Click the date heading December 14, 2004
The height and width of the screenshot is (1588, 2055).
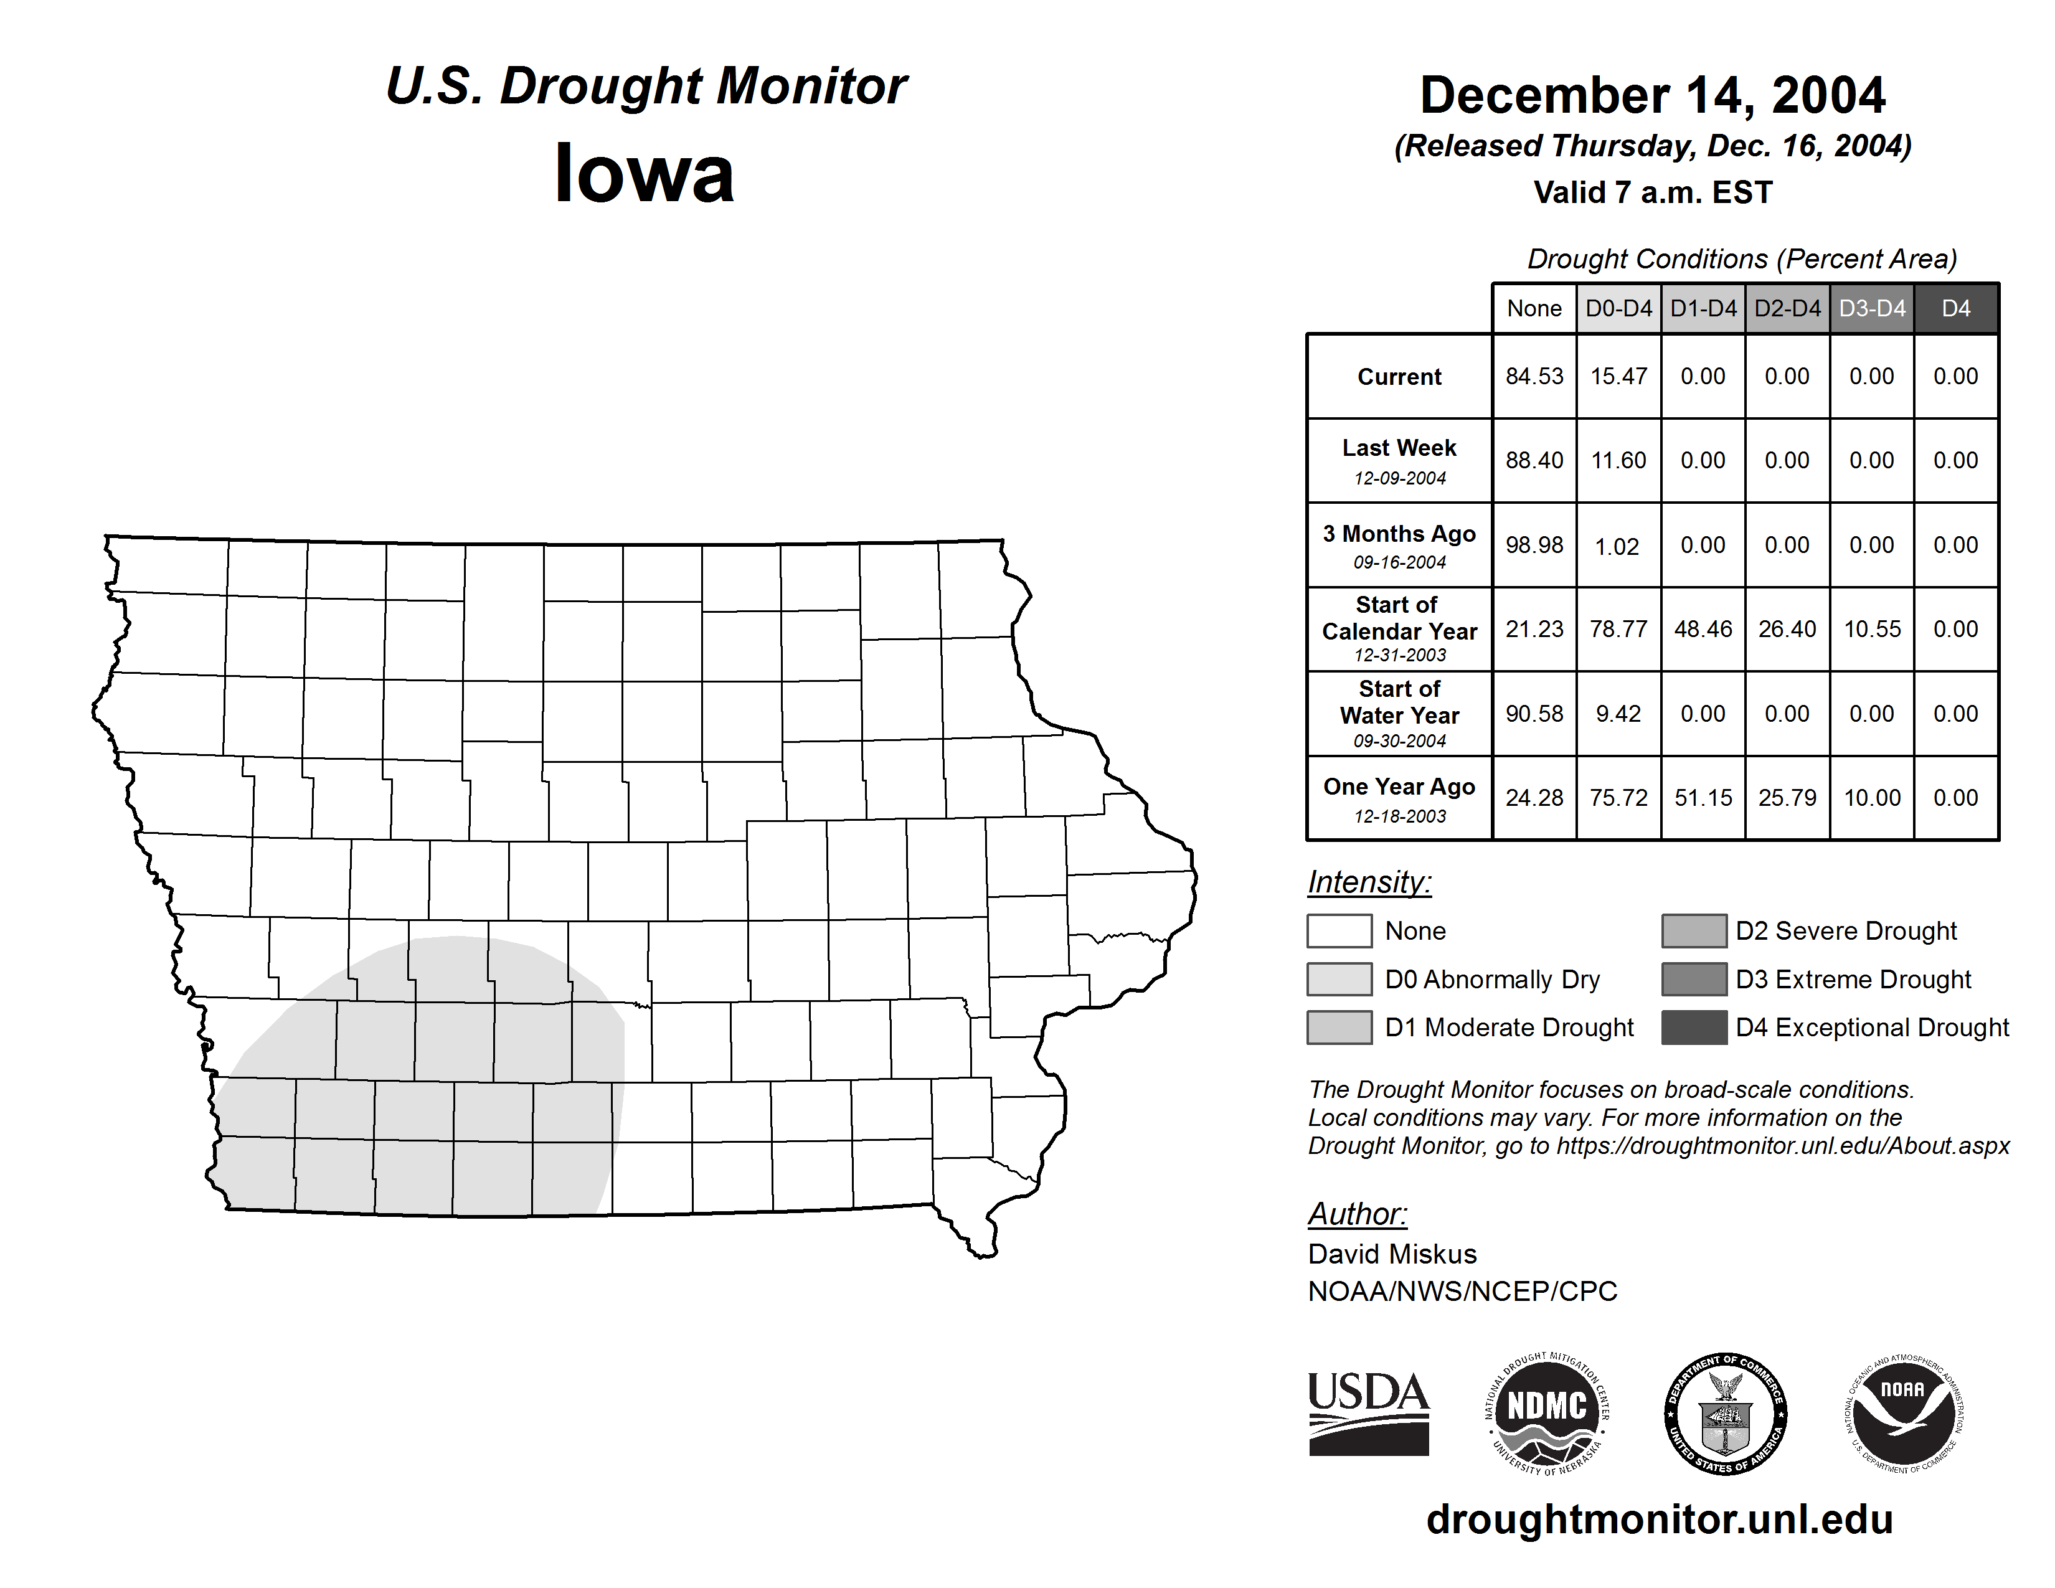1652,96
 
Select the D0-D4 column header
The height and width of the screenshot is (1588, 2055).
1618,308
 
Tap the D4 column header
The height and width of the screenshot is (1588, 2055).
1955,308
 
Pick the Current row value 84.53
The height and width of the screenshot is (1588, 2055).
1534,376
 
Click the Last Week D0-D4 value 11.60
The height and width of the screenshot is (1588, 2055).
1618,460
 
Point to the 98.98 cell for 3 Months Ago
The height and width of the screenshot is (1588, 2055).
1534,545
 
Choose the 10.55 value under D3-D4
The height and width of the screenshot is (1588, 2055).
1871,628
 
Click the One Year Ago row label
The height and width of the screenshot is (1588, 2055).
1399,798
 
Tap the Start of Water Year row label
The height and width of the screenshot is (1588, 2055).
1399,713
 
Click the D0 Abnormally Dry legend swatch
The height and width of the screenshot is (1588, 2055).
1339,978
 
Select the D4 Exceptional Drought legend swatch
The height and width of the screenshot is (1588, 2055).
1694,1028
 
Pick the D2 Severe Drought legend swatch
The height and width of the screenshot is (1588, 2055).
1694,930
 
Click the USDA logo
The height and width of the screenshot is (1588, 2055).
1368,1413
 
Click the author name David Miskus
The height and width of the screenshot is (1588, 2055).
1392,1254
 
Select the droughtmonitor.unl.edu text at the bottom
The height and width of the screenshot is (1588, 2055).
1659,1519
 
